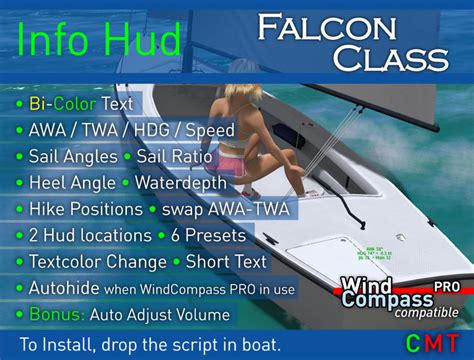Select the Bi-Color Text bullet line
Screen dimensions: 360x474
pyautogui.click(x=80, y=104)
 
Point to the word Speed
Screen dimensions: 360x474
pyautogui.click(x=210, y=131)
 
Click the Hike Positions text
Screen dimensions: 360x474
pyautogui.click(x=84, y=209)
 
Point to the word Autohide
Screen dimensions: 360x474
pyautogui.click(x=68, y=288)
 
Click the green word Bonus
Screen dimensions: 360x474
pyautogui.click(x=59, y=314)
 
